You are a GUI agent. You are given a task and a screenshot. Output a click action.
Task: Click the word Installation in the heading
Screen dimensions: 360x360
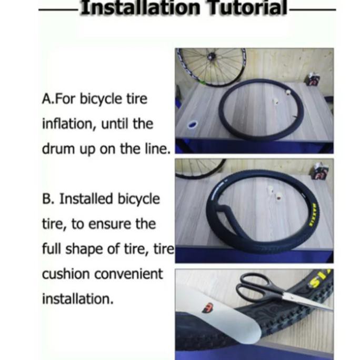(141, 7)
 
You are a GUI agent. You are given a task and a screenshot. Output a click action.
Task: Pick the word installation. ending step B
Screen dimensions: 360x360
(78, 299)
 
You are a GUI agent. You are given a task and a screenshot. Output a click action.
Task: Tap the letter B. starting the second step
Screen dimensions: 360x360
(48, 199)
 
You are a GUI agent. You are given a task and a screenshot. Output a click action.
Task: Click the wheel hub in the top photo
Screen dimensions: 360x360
(211, 55)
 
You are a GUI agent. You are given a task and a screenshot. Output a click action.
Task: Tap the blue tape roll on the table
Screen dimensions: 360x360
(193, 124)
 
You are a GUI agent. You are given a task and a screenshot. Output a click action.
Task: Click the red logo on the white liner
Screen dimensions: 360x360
(208, 307)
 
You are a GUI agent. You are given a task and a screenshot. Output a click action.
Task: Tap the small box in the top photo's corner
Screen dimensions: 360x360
(312, 79)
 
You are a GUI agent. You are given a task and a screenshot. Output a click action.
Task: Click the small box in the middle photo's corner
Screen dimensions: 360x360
(321, 171)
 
